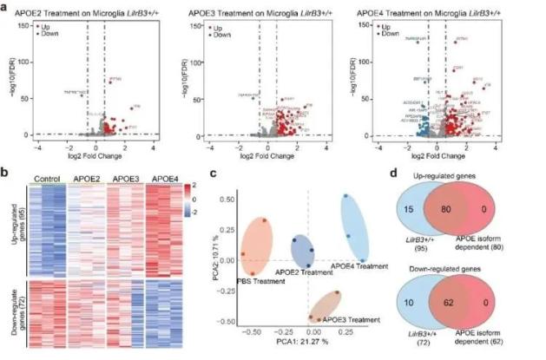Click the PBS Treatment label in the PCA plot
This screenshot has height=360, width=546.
[x=237, y=279]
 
